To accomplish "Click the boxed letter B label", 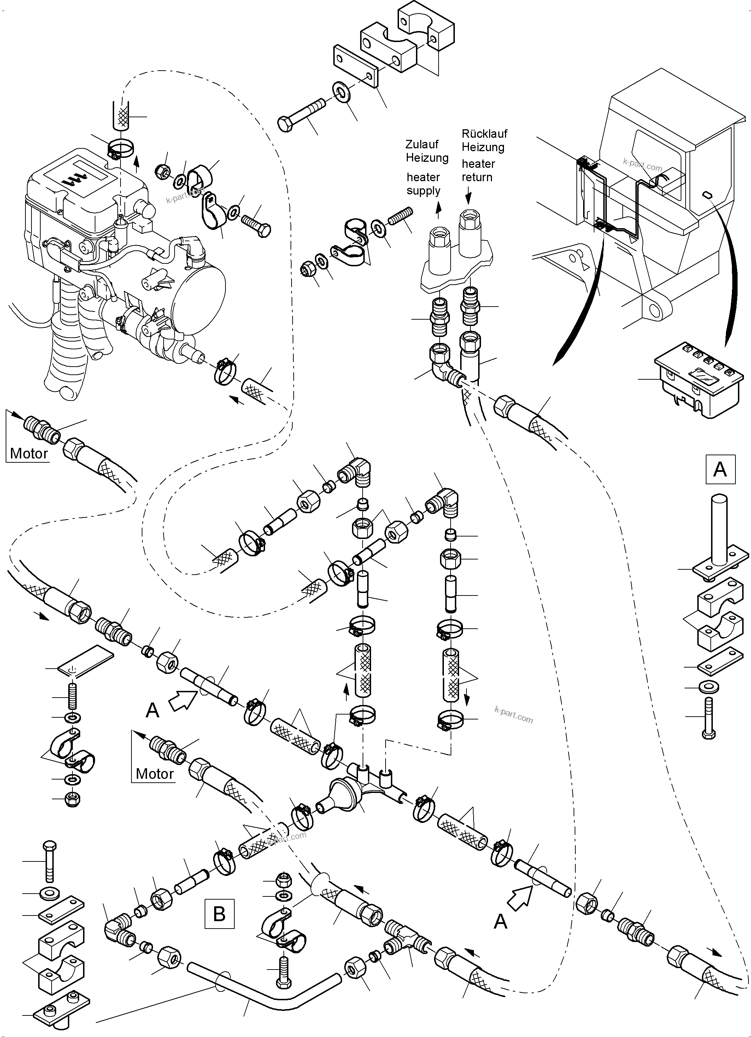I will coord(219,913).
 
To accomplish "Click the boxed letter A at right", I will coord(720,469).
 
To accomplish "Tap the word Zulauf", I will coord(422,144).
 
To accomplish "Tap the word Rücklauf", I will coord(485,134).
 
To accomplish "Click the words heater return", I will coord(478,171).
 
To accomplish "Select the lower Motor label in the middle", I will coord(154,774).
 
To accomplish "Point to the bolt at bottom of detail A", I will coord(709,718).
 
